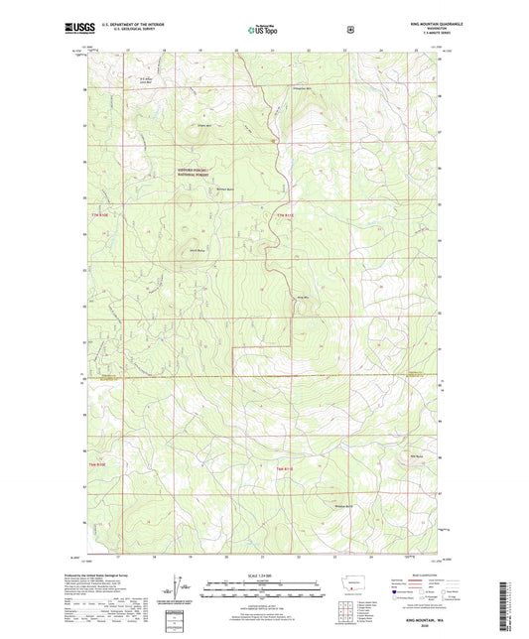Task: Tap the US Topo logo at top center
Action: coord(263,30)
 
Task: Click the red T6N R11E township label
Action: coord(285,466)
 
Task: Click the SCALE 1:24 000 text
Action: coord(263,575)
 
